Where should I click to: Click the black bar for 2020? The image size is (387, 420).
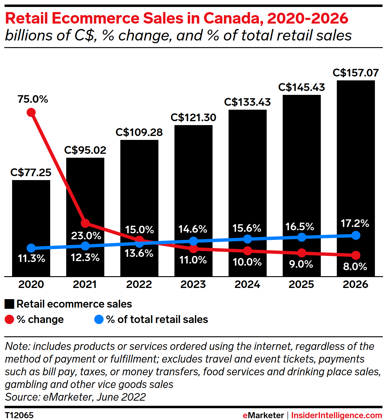coord(31,212)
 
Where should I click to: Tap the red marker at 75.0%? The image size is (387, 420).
coord(31,112)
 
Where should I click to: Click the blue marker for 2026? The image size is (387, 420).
coord(356,235)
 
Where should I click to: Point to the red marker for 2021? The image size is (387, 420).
coord(85,223)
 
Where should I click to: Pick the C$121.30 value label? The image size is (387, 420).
coord(193,117)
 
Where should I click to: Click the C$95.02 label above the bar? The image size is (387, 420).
coord(85,150)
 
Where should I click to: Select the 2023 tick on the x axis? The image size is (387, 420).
coord(193,284)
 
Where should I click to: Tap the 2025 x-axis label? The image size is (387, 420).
coord(301,284)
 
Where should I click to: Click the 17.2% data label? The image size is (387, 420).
coord(355,223)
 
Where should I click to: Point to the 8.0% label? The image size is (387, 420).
coord(355,267)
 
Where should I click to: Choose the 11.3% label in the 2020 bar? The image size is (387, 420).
coord(31,258)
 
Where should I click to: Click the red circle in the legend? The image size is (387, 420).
coord(9,319)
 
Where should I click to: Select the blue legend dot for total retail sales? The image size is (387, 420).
coord(99,319)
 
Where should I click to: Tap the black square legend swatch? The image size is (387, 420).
coord(9,304)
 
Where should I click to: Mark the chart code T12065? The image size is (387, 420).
coord(19,415)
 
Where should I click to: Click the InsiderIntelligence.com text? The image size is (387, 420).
coord(337,415)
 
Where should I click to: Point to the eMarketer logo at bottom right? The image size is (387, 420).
coord(263,415)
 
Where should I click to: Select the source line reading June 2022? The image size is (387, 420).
coord(75,397)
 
